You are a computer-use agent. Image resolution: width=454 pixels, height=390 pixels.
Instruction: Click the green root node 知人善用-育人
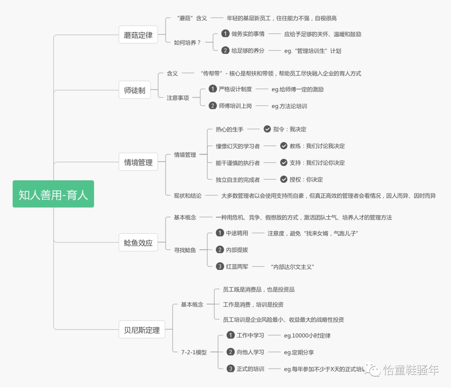coord(53,194)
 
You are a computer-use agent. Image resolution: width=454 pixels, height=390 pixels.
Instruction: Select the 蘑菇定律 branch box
coord(138,35)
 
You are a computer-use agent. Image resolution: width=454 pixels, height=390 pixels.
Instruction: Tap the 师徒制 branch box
coord(135,90)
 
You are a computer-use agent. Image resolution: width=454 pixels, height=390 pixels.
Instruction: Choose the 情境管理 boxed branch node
coord(138,162)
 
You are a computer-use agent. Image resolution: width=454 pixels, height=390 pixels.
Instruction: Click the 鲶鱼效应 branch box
coord(138,242)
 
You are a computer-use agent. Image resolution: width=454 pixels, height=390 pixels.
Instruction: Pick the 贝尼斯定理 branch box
coord(142,330)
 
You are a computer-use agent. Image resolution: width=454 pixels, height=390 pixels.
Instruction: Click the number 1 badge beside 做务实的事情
coord(225,34)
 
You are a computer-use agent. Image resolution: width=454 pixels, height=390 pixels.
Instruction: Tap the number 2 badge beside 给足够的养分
coord(225,50)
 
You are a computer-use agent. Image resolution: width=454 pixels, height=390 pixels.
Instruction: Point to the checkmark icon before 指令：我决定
coord(267,129)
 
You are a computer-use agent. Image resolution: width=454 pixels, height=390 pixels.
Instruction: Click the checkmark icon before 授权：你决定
coord(284,179)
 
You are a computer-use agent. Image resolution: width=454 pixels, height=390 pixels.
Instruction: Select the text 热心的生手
coord(230,129)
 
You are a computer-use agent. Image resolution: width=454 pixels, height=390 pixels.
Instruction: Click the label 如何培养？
coord(187,42)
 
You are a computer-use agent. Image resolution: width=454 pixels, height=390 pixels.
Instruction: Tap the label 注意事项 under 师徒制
coord(178,98)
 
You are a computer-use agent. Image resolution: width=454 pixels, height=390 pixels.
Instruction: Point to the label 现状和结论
coord(187,196)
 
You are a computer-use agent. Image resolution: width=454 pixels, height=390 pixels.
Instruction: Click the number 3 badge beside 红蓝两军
coord(220,266)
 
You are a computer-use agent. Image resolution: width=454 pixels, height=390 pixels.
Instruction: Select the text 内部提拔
coord(237,250)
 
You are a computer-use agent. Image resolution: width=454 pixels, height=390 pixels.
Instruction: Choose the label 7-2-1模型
coord(194,353)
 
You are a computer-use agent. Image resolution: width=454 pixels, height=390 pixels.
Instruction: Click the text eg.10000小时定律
coord(310,335)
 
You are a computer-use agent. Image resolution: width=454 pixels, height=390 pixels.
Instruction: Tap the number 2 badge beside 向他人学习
coord(230,352)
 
